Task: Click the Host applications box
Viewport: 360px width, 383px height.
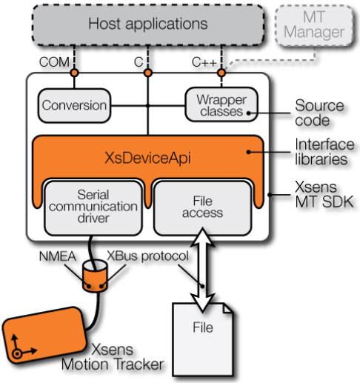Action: tap(148, 24)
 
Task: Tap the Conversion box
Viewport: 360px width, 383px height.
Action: tap(73, 106)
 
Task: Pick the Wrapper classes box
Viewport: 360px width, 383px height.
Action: tap(221, 106)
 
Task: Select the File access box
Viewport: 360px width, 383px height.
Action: tap(200, 206)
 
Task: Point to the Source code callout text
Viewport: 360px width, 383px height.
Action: tap(313, 112)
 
